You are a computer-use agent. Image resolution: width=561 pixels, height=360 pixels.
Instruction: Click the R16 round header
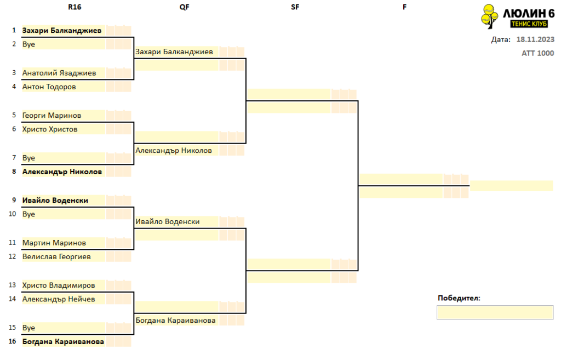coord(75,7)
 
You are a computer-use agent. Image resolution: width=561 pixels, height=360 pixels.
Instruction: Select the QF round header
coord(184,7)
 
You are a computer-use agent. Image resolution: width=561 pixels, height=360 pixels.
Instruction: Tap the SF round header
coord(295,7)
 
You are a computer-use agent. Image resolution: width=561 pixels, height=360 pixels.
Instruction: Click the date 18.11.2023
coord(535,39)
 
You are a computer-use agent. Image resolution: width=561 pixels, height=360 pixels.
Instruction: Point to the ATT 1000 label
coord(538,53)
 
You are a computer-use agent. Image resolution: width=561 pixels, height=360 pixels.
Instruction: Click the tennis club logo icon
coord(489,16)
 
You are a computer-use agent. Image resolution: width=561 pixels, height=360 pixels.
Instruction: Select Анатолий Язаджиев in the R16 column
coord(59,73)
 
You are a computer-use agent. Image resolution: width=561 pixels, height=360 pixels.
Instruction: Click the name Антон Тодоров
coord(49,87)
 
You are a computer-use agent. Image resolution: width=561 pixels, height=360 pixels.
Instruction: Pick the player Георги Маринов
coord(51,116)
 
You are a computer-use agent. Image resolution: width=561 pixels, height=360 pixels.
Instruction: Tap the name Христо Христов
coord(50,129)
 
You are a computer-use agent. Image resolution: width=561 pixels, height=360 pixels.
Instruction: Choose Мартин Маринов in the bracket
coord(54,243)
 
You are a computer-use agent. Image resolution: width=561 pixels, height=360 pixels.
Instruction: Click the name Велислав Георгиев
coord(56,257)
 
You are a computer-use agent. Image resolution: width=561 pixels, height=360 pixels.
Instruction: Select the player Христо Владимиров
coord(59,285)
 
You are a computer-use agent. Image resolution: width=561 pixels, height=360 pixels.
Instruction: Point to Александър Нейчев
coord(59,299)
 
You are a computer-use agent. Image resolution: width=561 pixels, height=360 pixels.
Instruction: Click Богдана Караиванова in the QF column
coord(175,321)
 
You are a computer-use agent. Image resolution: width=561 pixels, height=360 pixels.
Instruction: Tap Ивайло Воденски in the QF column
coord(168,222)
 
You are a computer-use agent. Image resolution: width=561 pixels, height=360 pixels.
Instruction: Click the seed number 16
coord(12,341)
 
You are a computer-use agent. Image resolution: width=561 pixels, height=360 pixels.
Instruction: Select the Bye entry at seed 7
coord(28,158)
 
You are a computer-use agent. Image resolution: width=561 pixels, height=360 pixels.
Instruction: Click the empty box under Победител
coord(495,312)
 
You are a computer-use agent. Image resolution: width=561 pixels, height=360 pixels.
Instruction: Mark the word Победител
coord(459,298)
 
